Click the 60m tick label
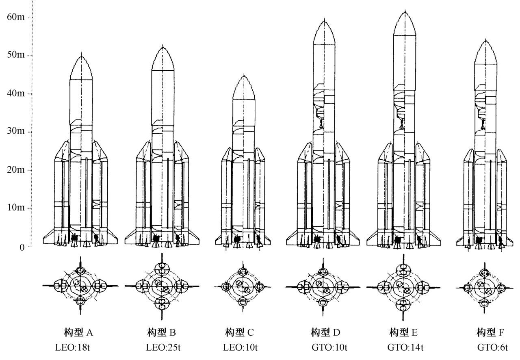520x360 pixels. pos(15,17)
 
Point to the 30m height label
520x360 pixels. pos(15,132)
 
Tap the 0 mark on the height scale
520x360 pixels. pos(22,247)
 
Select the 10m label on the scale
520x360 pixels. pos(15,208)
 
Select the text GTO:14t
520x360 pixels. pos(405,348)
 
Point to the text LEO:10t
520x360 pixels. pos(240,348)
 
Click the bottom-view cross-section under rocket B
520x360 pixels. pos(162,286)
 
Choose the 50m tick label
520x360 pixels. pos(15,55)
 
